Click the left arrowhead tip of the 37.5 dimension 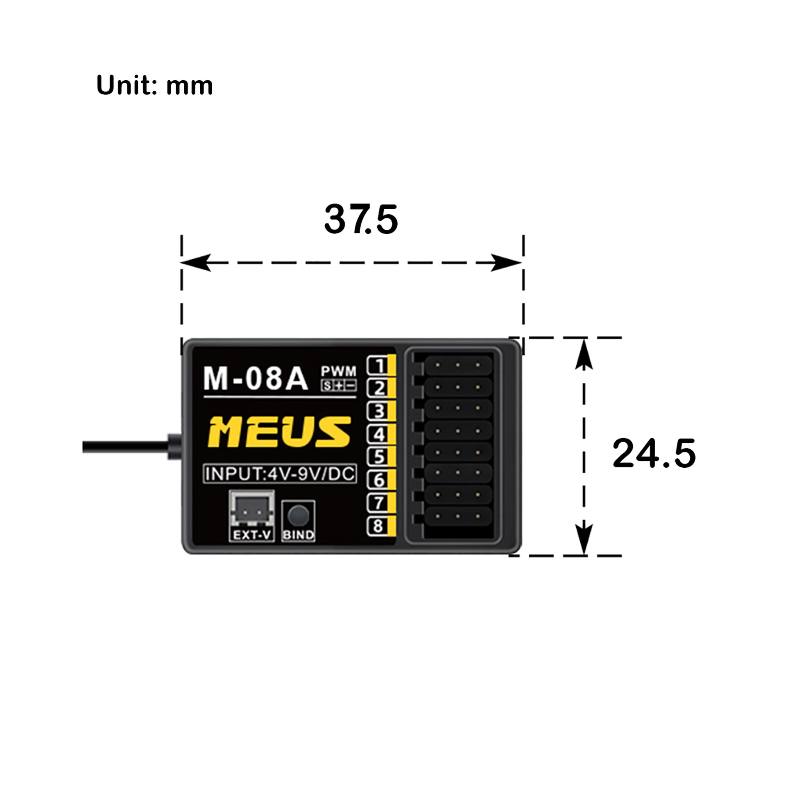[181, 263]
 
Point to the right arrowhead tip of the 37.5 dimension [522, 263]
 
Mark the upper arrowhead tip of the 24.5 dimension [584, 339]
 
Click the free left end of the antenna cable [83, 447]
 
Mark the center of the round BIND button [298, 515]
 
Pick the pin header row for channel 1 [458, 365]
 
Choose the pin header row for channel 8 [458, 516]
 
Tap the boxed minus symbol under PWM [351, 386]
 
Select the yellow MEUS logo [279, 432]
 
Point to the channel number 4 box [378, 434]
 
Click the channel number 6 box [378, 480]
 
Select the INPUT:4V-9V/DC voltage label [280, 474]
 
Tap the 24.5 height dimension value [654, 454]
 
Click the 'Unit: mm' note [154, 85]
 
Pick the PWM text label [339, 371]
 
